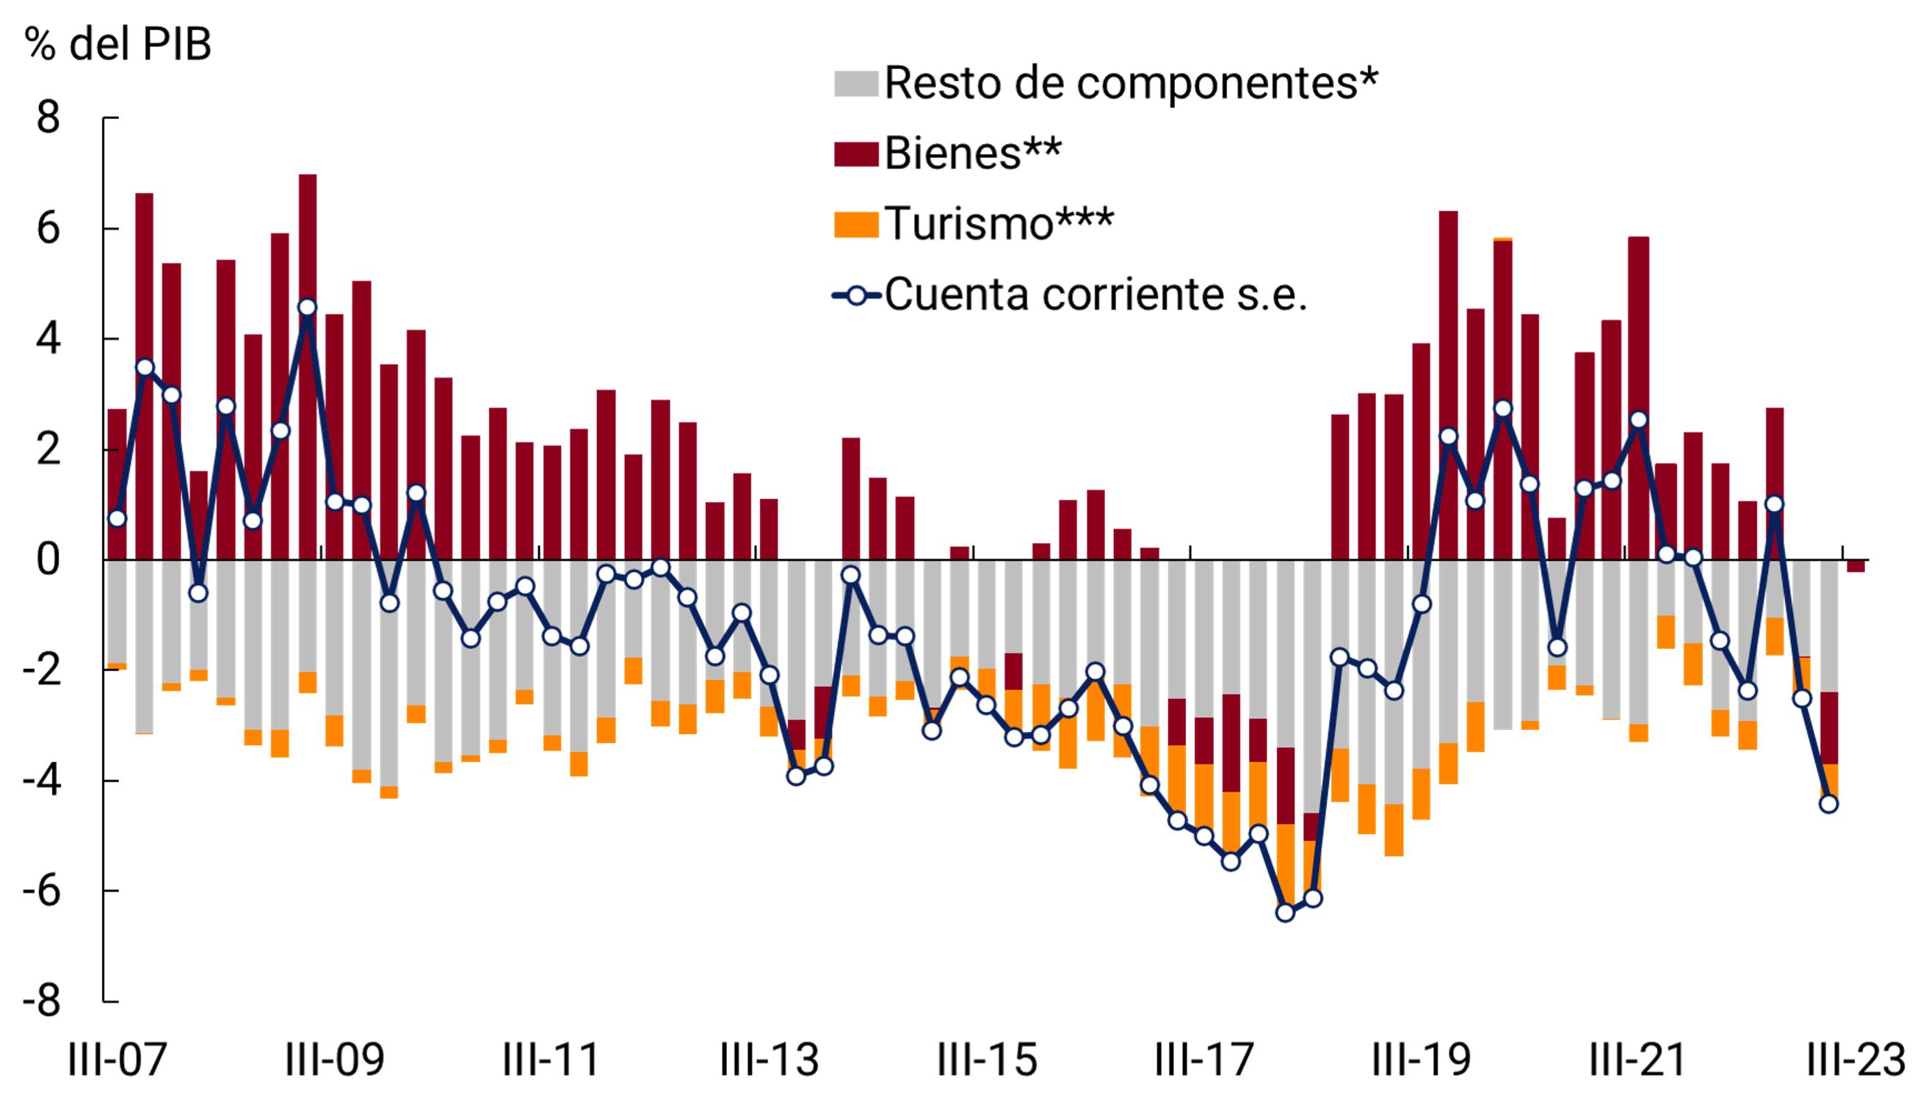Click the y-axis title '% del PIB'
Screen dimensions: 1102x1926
[x=117, y=44]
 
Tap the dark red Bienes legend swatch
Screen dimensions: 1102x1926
[x=855, y=153]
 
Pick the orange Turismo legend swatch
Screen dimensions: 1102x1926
[x=855, y=225]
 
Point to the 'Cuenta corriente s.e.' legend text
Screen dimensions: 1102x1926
[x=1095, y=294]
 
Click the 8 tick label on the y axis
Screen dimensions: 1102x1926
[x=48, y=118]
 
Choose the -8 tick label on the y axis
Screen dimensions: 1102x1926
[x=42, y=1001]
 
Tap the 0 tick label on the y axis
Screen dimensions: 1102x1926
[x=48, y=560]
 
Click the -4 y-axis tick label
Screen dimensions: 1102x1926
[x=42, y=780]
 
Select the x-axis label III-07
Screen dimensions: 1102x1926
[x=117, y=1059]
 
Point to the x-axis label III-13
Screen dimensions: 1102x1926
[x=770, y=1059]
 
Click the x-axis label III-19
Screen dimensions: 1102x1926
[x=1422, y=1059]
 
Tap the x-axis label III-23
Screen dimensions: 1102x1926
[x=1856, y=1059]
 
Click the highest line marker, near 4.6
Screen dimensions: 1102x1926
[x=307, y=308]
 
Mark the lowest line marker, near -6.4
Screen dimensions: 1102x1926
[x=1285, y=912]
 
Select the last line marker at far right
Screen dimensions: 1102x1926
[x=1828, y=804]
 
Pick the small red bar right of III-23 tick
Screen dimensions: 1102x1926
[x=1856, y=566]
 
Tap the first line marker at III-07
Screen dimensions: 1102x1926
[x=117, y=518]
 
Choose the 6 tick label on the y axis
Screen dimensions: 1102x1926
[x=48, y=228]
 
